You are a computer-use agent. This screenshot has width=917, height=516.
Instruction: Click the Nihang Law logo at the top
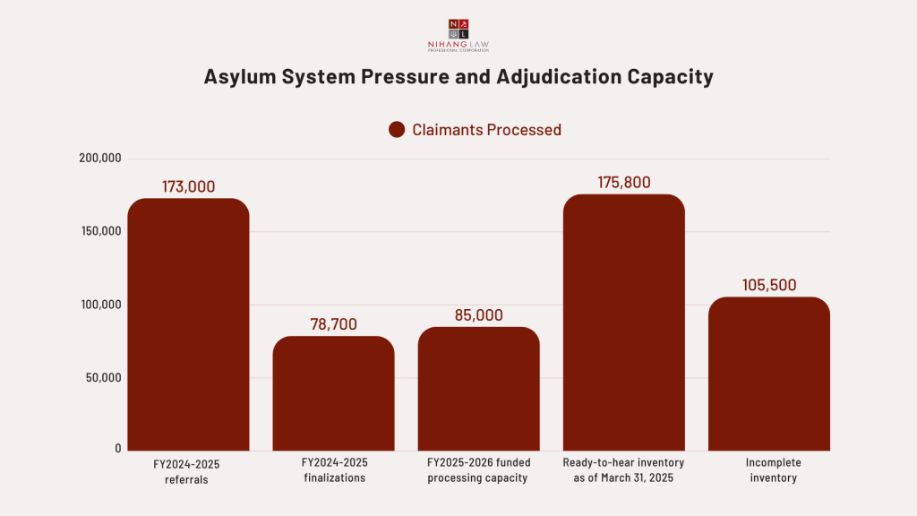[458, 35]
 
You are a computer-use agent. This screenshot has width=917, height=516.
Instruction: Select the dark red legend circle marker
[397, 130]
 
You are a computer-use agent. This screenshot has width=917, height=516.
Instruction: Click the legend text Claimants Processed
[486, 130]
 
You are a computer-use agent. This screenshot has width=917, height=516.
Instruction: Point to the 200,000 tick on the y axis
[99, 159]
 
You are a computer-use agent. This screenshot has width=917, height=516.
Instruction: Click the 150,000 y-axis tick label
[99, 231]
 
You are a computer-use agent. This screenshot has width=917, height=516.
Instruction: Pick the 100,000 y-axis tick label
[99, 305]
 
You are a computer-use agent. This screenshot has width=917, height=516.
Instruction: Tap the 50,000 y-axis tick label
[102, 377]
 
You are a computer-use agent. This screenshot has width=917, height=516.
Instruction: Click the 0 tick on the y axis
[117, 448]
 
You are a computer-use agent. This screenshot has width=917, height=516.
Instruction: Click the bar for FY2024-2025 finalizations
[333, 393]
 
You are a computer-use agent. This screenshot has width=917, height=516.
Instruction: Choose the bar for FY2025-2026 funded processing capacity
[478, 389]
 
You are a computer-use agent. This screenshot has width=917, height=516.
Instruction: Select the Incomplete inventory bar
[768, 374]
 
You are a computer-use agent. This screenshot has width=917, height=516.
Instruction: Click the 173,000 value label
[188, 186]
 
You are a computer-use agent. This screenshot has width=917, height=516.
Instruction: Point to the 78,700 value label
[333, 324]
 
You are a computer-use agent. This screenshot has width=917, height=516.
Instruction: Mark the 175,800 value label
[623, 182]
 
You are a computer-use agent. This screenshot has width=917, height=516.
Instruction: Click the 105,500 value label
[768, 285]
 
